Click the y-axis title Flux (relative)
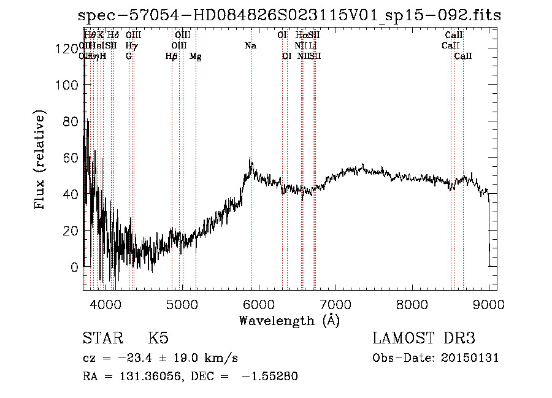[x=40, y=161]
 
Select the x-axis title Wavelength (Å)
[x=289, y=320]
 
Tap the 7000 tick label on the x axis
[x=335, y=304]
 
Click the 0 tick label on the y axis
[x=74, y=267]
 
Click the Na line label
[x=250, y=46]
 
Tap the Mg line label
[x=196, y=56]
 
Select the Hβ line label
[x=172, y=56]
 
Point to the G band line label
[x=129, y=56]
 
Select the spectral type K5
[x=158, y=339]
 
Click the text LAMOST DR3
[x=424, y=339]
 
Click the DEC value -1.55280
[x=269, y=377]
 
